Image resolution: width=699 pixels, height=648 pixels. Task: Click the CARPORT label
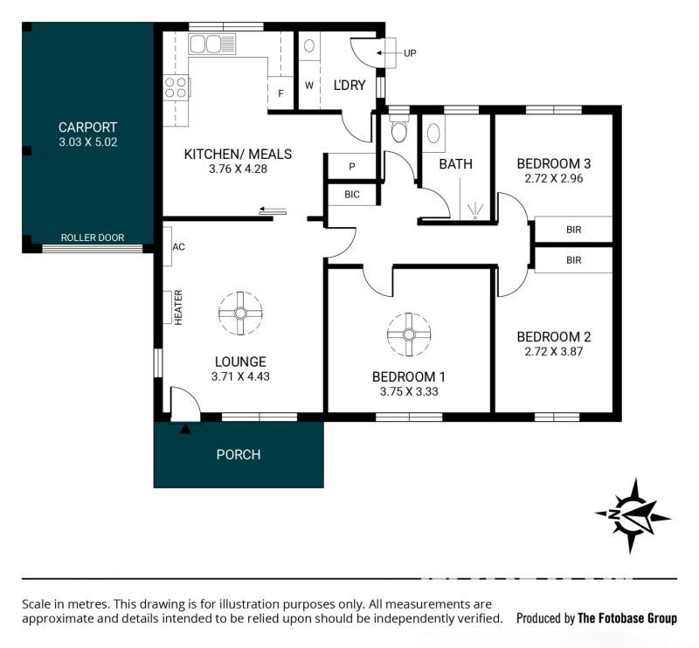88,128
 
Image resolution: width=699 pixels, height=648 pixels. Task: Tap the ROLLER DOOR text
93,238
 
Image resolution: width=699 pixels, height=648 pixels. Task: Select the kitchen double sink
211,45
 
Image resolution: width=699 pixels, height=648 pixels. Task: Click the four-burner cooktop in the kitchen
176,87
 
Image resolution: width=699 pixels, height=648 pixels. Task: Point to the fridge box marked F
280,93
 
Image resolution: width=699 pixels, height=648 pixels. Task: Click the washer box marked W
309,85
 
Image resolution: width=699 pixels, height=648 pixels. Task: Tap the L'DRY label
349,85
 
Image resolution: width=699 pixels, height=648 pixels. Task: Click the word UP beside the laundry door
410,53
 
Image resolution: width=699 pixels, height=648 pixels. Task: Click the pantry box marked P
352,166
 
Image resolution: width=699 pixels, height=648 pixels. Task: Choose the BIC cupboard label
352,194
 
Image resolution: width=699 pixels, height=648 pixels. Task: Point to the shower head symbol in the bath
475,210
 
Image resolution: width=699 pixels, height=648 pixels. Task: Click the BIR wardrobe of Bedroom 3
573,230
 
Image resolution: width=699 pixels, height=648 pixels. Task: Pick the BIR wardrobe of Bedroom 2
573,260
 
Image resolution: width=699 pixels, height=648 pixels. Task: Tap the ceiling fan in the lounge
240,314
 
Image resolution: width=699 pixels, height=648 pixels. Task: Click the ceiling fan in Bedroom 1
409,334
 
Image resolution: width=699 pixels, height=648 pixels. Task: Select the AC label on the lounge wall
178,247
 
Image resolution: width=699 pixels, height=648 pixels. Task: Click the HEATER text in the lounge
178,307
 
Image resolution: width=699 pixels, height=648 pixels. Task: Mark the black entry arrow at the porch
185,429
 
